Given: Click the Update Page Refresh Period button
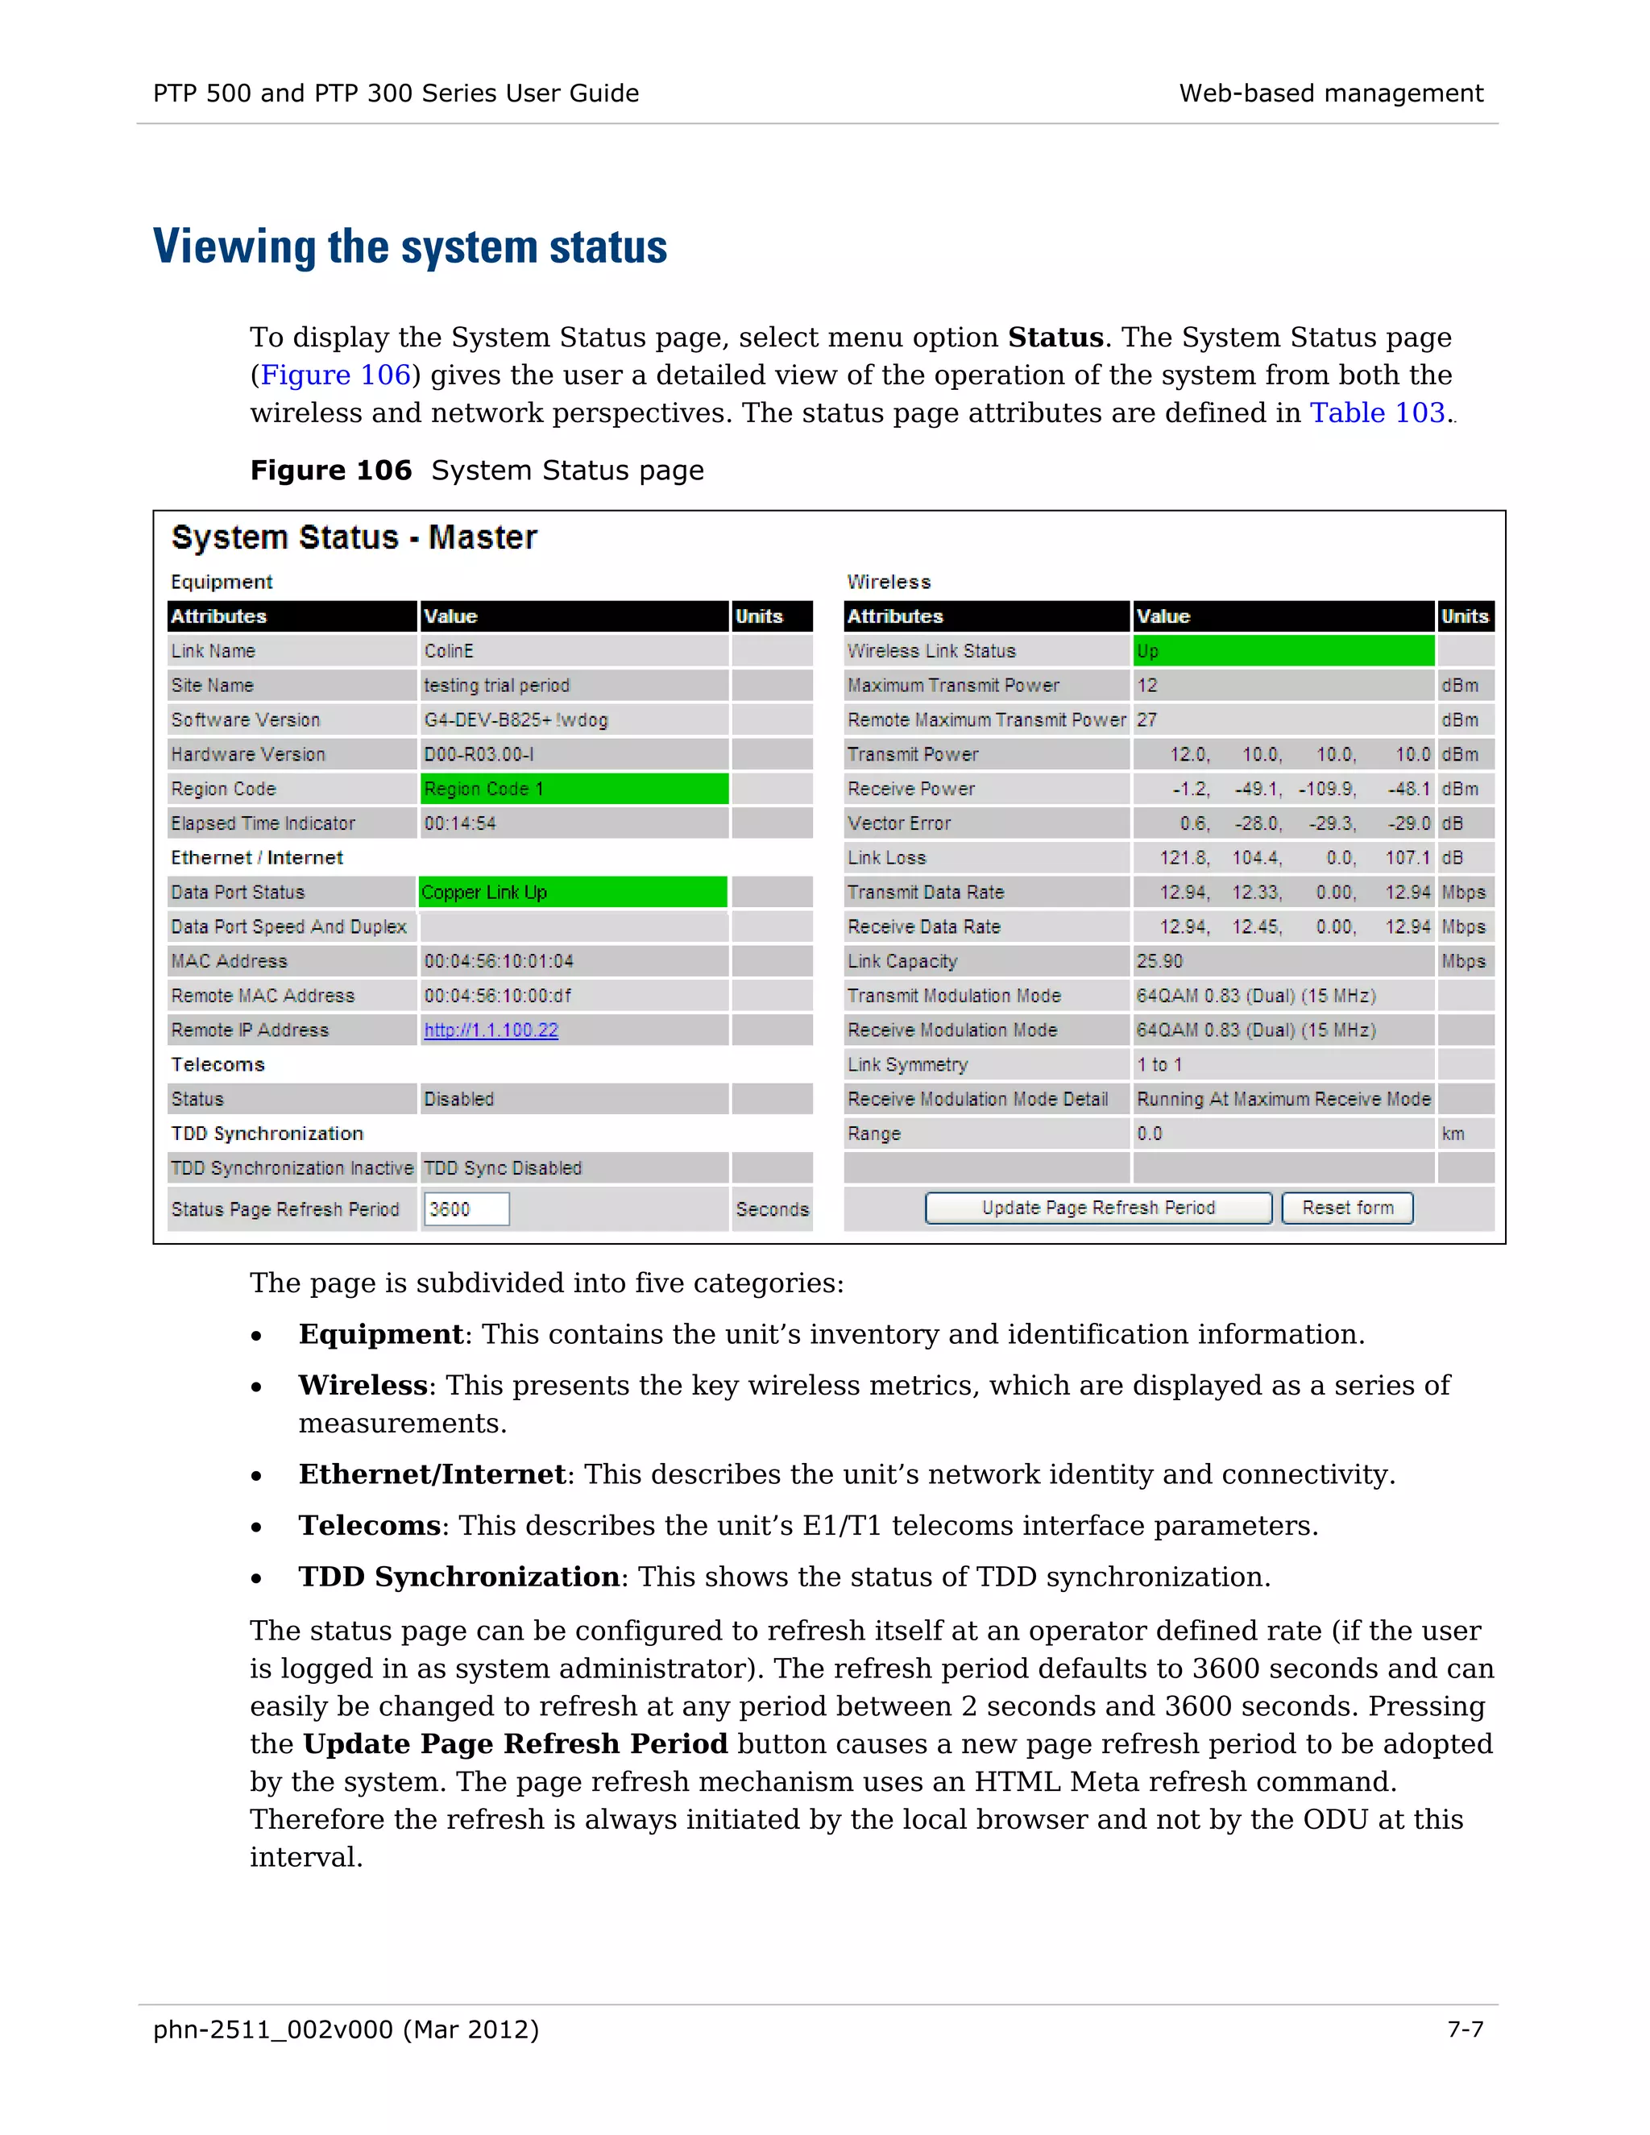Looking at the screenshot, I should coord(1098,1208).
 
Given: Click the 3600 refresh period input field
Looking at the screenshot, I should coord(466,1209).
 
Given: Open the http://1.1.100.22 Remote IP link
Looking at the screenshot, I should coord(491,1030).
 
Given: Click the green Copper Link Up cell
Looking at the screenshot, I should coord(573,893).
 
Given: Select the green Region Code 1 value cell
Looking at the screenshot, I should coord(574,789).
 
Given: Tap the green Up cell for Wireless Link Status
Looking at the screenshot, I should coord(1283,651).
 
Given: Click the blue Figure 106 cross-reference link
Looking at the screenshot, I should coord(335,375).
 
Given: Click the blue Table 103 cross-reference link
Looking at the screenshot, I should coord(1376,413).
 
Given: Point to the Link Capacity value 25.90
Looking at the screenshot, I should coord(1159,962).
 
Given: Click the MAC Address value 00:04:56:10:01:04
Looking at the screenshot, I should coord(499,962).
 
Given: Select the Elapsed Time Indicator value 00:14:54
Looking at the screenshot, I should coord(459,824).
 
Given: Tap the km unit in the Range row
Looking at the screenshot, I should coord(1453,1134).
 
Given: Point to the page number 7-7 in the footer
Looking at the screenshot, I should coord(1464,2030).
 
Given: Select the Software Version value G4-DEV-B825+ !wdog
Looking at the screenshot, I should coord(515,720).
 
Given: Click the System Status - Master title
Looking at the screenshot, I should coord(354,537).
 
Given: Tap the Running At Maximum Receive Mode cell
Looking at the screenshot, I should coord(1283,1100).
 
